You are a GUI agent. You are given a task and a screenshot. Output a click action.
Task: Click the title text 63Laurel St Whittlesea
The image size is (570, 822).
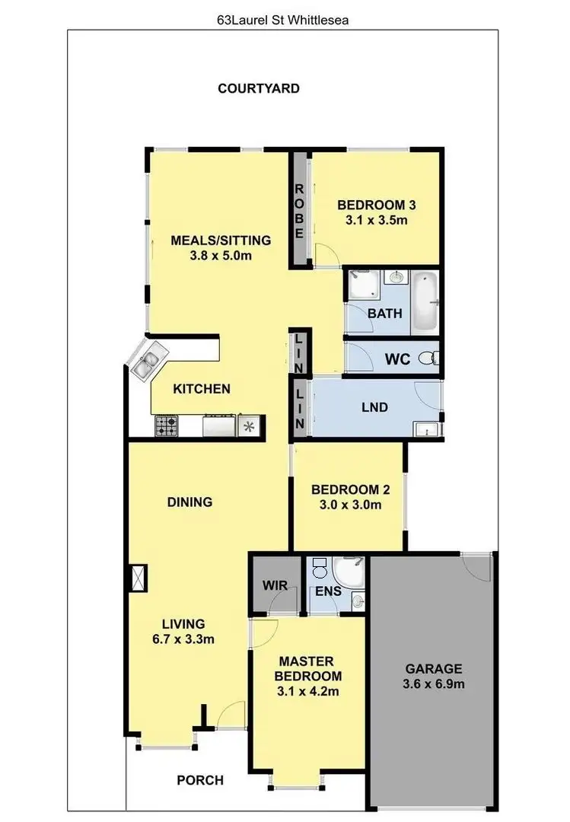[282, 18]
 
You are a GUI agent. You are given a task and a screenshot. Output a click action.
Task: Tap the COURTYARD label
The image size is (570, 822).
[259, 88]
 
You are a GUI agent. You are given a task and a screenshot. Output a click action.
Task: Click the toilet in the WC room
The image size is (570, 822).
[431, 358]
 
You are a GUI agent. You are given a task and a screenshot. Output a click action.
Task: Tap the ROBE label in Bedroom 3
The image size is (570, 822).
[299, 211]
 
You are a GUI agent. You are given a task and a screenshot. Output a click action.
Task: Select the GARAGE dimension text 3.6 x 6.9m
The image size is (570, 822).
[434, 684]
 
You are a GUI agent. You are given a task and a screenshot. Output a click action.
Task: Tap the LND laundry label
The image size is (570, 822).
[375, 408]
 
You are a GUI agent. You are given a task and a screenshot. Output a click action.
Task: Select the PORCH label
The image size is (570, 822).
[200, 780]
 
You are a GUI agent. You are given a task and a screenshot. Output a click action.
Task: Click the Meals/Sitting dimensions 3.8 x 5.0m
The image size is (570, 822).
[221, 256]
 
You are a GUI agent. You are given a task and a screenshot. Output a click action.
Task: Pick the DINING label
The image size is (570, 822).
[189, 502]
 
